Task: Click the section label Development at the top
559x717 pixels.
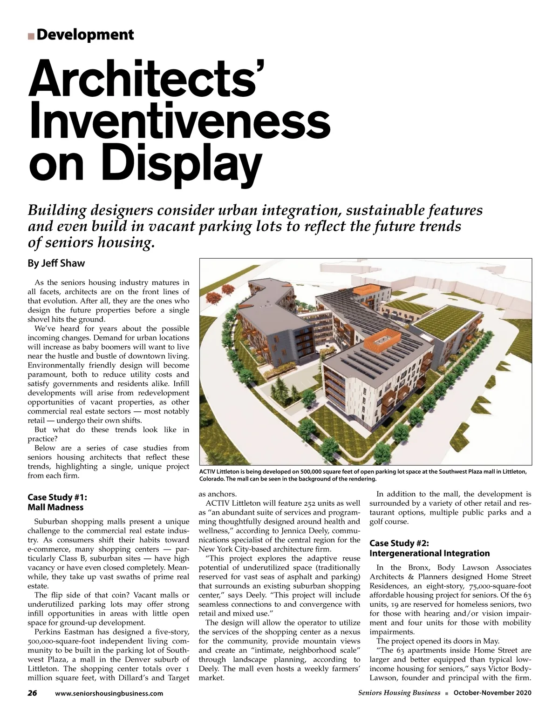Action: click(85, 35)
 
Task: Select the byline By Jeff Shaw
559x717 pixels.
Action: click(56, 263)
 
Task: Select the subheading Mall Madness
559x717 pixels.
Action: click(55, 507)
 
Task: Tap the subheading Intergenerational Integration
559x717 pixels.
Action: click(429, 553)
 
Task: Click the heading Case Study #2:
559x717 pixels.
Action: click(399, 543)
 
